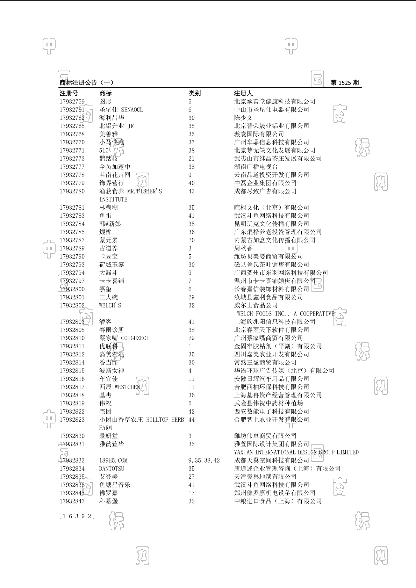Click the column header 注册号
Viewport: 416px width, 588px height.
pos(69,93)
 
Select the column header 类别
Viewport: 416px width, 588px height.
pos(194,93)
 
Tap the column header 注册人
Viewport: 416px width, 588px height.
pos(243,93)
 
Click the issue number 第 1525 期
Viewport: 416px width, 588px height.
pos(344,83)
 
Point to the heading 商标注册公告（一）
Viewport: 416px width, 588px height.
pos(87,83)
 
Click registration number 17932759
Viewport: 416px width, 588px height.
pos(72,102)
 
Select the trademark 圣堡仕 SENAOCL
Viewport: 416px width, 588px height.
pos(121,110)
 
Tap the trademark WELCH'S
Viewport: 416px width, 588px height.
pos(110,306)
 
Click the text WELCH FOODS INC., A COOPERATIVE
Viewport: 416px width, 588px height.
pos(286,314)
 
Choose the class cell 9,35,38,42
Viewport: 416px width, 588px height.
pos(204,460)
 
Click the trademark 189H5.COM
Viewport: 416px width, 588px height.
pos(113,460)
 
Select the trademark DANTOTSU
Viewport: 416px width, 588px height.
pos(112,469)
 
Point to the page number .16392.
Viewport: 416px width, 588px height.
pos(77,516)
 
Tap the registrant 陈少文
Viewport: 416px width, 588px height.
pos(243,118)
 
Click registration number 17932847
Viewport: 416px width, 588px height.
pos(72,501)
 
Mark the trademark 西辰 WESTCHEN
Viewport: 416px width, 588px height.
pos(120,387)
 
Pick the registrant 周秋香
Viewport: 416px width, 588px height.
pos(243,248)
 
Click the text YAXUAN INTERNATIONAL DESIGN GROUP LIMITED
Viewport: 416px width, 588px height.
pos(296,452)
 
